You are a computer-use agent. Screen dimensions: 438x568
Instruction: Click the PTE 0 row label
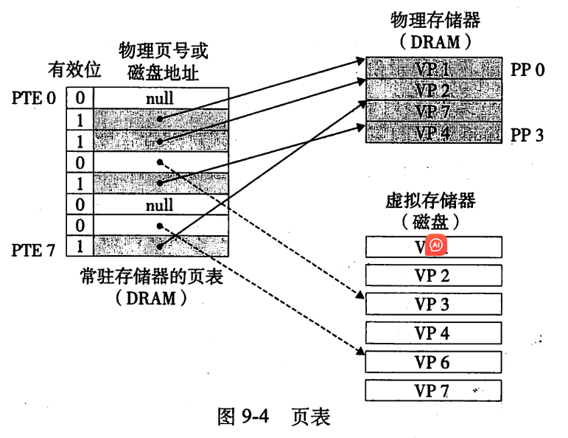[34, 97]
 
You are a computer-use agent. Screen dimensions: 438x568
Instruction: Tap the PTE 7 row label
[34, 251]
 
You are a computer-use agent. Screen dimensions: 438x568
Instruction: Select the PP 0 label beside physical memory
[527, 70]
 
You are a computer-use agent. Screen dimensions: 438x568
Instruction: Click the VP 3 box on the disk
[432, 304]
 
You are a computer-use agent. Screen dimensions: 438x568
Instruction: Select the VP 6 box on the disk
[432, 361]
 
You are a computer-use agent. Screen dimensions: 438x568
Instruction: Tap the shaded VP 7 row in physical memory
[432, 112]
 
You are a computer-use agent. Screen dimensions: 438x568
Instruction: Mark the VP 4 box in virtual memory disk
[432, 333]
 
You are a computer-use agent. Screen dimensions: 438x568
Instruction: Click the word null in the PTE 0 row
[159, 97]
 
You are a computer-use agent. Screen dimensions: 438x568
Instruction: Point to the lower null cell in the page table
[159, 205]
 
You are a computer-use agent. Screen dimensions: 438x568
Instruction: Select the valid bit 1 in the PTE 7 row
[80, 246]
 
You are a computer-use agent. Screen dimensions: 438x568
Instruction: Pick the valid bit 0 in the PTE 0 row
[80, 97]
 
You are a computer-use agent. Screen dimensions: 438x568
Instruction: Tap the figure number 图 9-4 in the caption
[244, 417]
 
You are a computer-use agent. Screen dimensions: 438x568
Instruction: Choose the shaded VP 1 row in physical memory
[432, 70]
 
